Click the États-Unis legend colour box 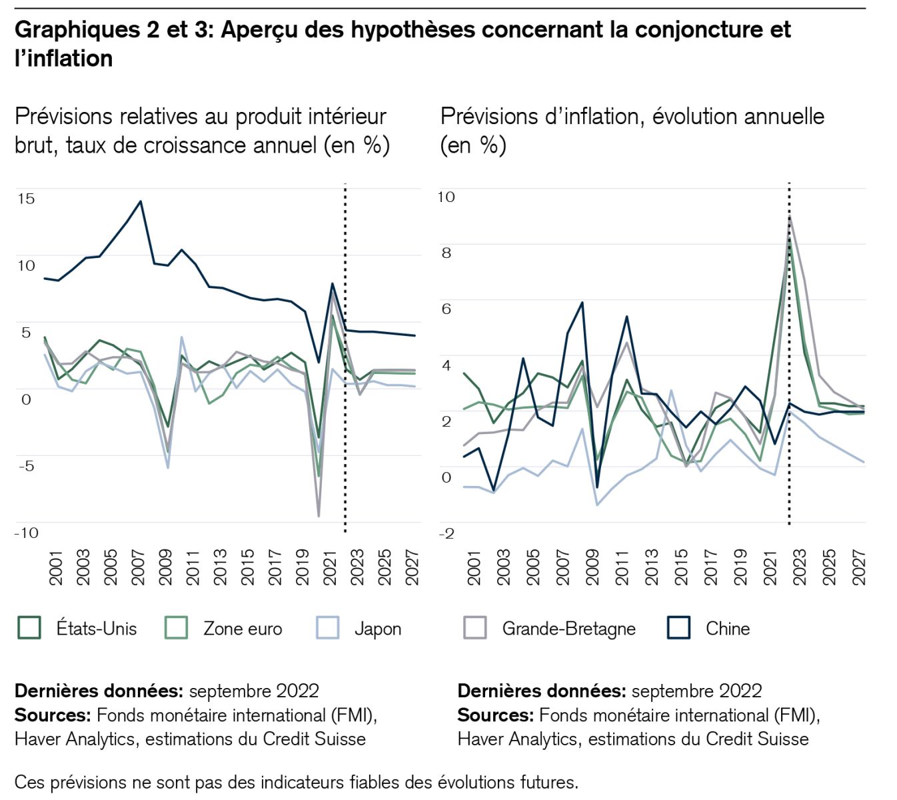point(29,628)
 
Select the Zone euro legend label point(243,629)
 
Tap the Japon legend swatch point(328,628)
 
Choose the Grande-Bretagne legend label point(568,629)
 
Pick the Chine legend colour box point(678,628)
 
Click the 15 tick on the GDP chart point(26,198)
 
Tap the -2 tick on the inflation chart point(446,533)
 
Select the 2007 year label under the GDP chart point(138,567)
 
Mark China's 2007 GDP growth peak point(140,201)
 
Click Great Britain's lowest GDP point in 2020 point(319,516)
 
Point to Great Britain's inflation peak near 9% point(790,217)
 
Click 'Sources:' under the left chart point(53,715)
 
